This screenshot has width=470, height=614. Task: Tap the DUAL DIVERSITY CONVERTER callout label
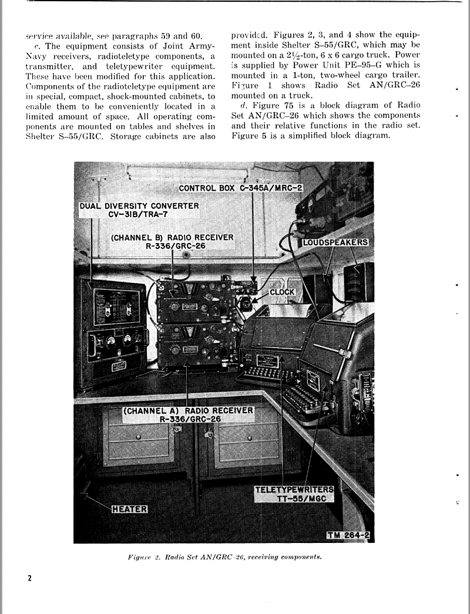point(139,210)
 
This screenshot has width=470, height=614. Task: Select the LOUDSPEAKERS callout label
point(336,242)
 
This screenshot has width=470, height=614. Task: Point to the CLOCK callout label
point(282,292)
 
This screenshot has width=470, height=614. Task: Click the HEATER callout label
point(129,508)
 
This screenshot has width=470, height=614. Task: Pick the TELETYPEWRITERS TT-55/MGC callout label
point(294,494)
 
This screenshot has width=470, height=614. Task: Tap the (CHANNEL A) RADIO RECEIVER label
point(188,414)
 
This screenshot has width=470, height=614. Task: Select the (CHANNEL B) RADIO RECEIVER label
point(172,241)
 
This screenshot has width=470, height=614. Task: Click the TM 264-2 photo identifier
point(350,535)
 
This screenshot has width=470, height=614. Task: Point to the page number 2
point(29,578)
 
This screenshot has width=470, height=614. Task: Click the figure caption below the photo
point(224,556)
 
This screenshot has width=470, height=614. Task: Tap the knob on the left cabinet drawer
point(138,437)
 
